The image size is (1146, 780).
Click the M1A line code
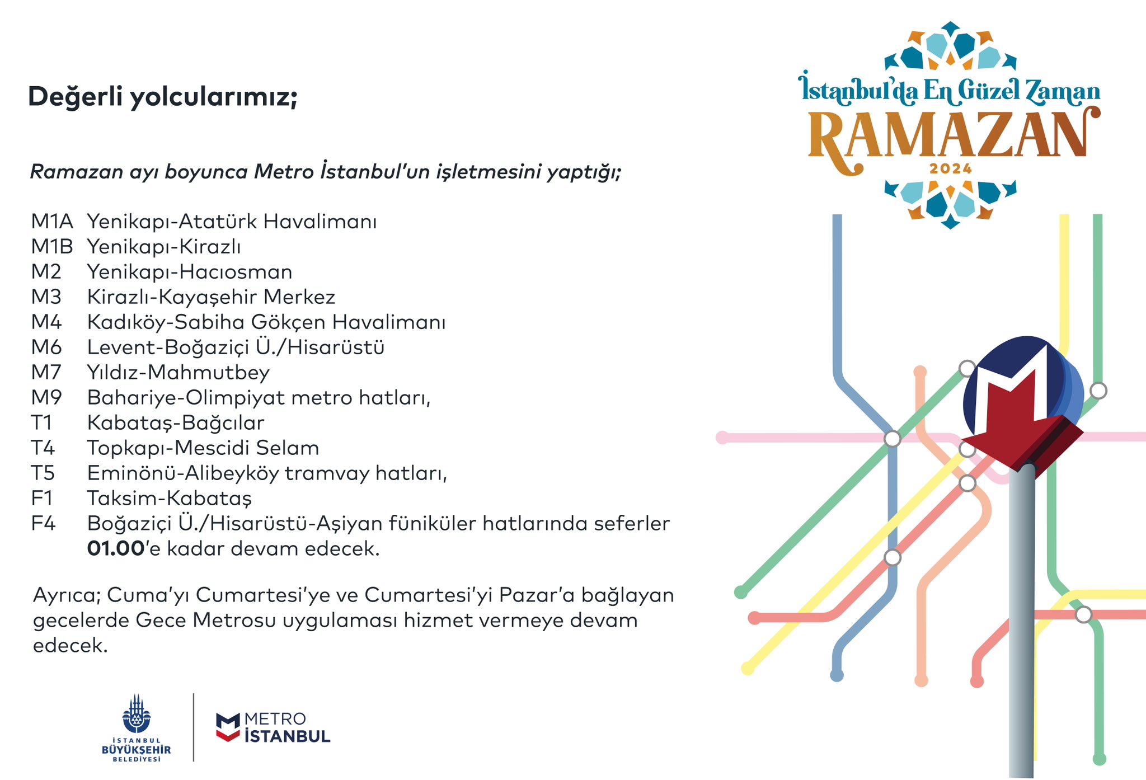52,222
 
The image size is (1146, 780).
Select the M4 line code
46,322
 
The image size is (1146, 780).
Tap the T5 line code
43,473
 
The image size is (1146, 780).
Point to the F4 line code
44,524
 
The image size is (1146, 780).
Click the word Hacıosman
236,272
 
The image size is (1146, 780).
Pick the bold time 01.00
116,549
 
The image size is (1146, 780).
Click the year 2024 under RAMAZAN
951,168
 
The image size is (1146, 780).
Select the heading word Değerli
76,97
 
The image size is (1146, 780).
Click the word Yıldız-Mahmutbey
179,373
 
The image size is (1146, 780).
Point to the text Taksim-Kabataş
170,499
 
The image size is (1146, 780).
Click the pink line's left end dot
722,438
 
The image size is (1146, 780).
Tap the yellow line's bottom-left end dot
748,668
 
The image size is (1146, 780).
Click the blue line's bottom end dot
837,675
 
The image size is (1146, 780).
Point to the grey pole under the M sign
1022,621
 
